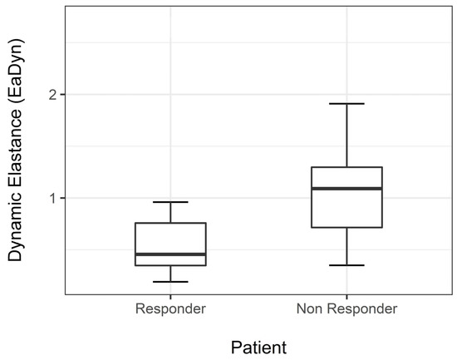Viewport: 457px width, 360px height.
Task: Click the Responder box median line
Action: tap(170, 254)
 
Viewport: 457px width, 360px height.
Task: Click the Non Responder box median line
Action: tap(346, 189)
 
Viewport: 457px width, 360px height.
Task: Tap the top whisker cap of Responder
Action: tap(170, 202)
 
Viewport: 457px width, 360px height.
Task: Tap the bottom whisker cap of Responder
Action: tap(170, 282)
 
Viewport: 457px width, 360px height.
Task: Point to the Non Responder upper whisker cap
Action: tap(346, 104)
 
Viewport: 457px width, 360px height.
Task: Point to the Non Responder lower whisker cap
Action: tap(346, 265)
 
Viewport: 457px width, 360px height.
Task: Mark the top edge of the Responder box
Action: tap(170, 223)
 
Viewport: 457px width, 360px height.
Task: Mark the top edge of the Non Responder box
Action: tap(346, 167)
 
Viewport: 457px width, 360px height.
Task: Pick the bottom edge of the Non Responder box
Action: tap(346, 227)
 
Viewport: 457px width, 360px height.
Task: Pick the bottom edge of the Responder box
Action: tap(170, 265)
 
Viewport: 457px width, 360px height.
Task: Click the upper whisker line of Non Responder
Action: tap(346, 136)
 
